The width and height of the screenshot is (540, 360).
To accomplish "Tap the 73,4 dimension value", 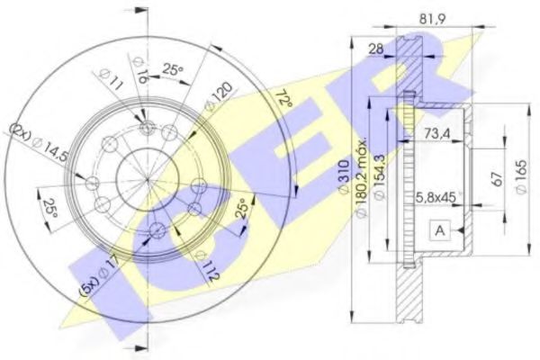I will pos(437,134).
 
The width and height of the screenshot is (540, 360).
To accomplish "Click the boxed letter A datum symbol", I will pos(440,230).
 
